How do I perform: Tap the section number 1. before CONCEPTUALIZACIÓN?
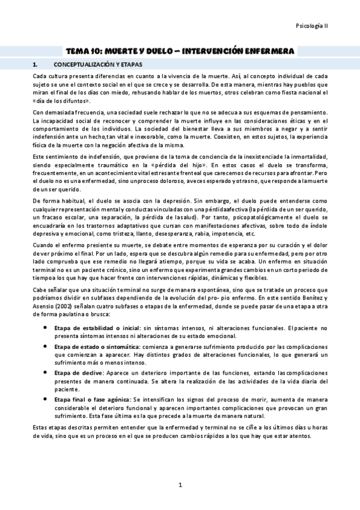(35, 64)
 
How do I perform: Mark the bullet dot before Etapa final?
(46, 399)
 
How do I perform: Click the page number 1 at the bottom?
(180, 485)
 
